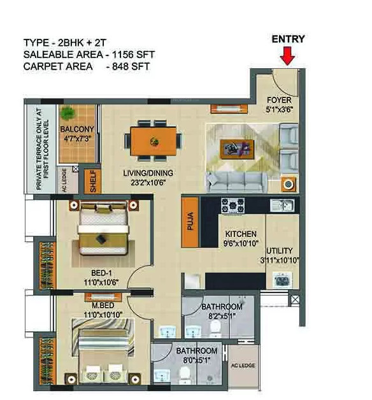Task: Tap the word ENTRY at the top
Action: [x=288, y=39]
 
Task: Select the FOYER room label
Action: [x=279, y=101]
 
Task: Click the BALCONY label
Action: [x=77, y=129]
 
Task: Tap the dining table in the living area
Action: [x=152, y=140]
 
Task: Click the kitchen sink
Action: [x=281, y=205]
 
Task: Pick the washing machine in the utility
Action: [x=282, y=280]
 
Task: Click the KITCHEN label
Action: [x=241, y=234]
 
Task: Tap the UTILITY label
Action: [x=280, y=251]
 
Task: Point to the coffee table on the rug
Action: [x=234, y=149]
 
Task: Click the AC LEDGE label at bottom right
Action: [x=244, y=367]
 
